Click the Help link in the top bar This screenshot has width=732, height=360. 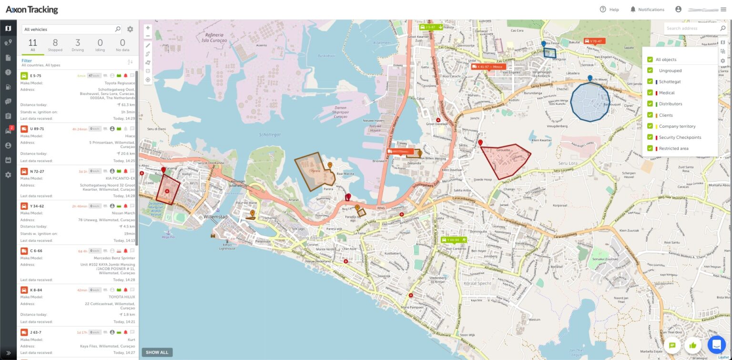609,10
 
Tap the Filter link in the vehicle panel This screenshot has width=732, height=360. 27,61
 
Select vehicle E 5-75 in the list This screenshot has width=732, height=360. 36,76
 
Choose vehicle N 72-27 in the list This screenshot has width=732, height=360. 37,171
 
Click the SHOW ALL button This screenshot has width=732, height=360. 157,352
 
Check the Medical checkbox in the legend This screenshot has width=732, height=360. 650,93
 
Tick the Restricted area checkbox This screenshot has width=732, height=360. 650,148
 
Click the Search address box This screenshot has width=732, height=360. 691,29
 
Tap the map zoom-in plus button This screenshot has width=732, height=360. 148,28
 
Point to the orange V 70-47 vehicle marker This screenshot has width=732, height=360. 594,41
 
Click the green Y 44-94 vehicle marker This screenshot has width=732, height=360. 453,240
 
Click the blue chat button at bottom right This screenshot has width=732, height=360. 716,344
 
